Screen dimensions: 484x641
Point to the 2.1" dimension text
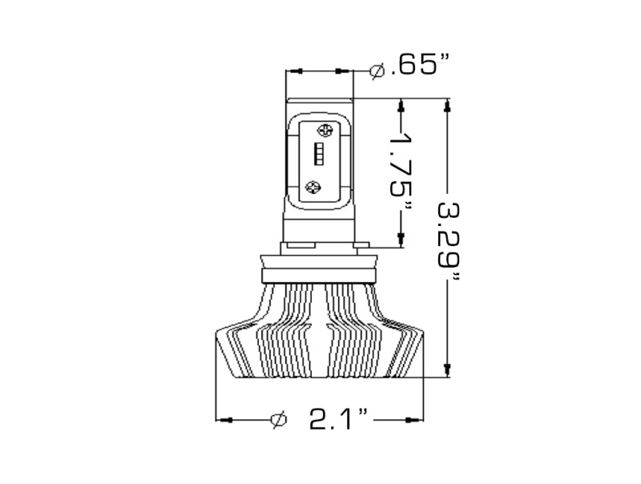pyautogui.click(x=339, y=418)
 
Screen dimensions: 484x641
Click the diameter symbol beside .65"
pyautogui.click(x=377, y=71)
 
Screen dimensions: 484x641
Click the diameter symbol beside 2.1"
pyautogui.click(x=279, y=419)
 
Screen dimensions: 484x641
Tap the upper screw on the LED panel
pyautogui.click(x=325, y=130)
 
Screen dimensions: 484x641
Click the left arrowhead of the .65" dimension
pyautogui.click(x=293, y=72)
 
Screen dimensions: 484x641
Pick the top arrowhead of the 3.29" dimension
pyautogui.click(x=447, y=105)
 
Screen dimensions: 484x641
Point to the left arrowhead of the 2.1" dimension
pyautogui.click(x=224, y=419)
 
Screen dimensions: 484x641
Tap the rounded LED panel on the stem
pyautogui.click(x=320, y=159)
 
